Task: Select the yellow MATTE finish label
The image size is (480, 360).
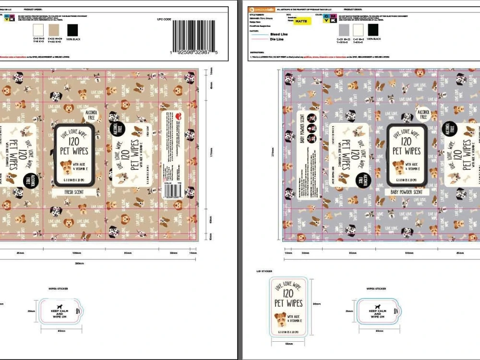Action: point(302,22)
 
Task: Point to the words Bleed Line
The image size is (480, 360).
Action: point(279,35)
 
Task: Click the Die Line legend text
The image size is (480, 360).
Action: point(277,39)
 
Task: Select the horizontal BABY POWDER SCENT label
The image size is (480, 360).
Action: point(407,192)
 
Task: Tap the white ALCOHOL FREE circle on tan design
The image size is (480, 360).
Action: point(90,114)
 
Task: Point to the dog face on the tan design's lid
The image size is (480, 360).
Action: point(66,167)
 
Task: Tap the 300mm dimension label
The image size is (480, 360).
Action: point(79,263)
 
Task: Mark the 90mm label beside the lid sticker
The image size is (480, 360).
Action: point(317,304)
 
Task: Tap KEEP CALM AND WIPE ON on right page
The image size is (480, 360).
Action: point(377,313)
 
